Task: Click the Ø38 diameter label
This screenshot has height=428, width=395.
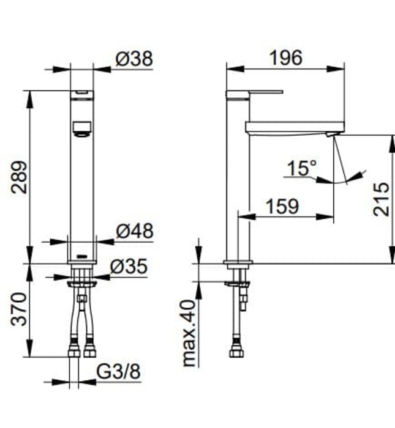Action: coord(134,59)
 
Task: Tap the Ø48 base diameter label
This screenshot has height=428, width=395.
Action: coord(134,231)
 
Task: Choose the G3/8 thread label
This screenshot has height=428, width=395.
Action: coord(119,371)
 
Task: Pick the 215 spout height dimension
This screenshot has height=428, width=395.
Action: coord(380,199)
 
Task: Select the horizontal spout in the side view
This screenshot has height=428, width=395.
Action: coord(294,127)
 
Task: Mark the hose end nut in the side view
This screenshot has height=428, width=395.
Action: coord(236,352)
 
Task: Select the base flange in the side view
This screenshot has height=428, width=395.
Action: coord(238,263)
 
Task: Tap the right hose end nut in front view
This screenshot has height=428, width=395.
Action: coord(90,351)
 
